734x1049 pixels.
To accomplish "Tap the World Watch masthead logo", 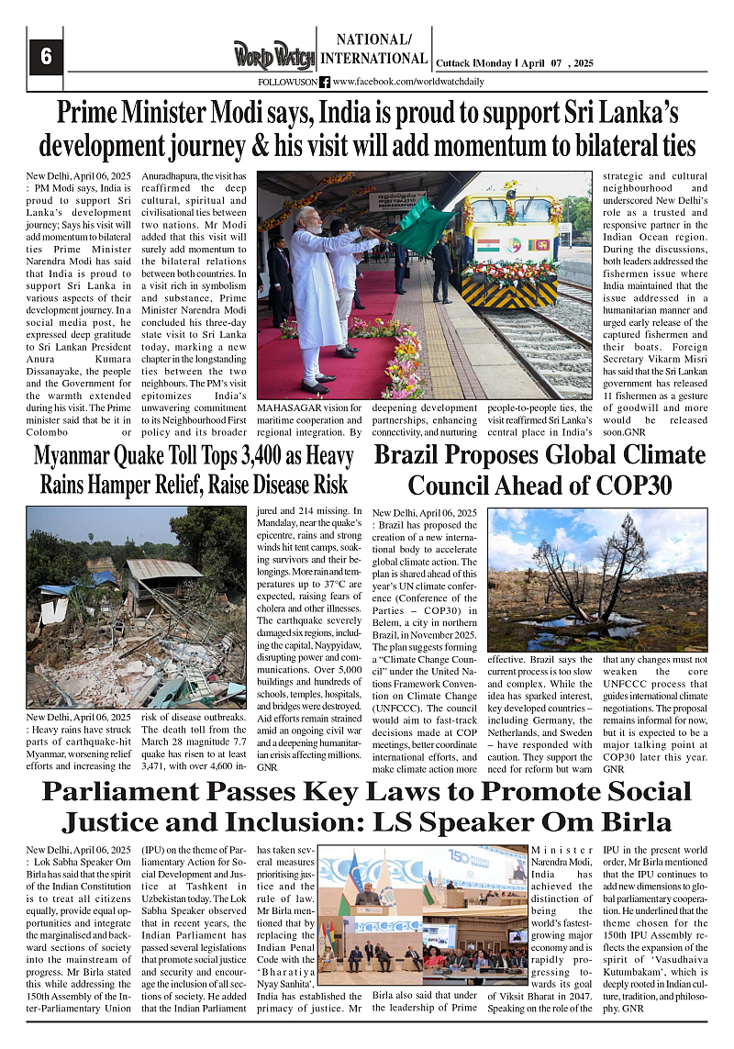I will click(272, 55).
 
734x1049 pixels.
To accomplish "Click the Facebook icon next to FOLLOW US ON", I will click(325, 82).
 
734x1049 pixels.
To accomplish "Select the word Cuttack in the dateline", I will click(453, 63).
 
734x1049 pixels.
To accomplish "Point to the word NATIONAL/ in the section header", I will click(373, 39).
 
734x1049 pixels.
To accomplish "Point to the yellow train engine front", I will click(512, 248).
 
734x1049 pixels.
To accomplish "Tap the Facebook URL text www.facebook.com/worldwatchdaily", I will click(408, 82).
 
